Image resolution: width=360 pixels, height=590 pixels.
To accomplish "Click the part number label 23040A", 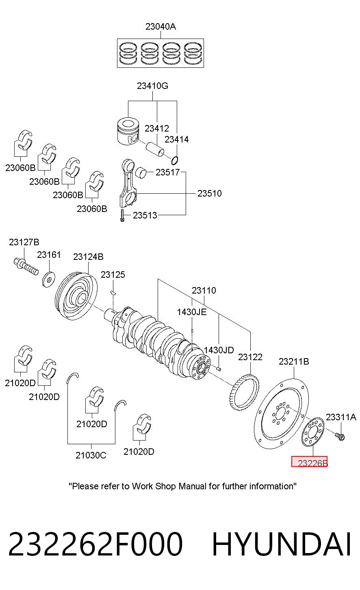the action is click(x=160, y=27).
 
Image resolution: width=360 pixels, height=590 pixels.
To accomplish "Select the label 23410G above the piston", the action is click(x=152, y=86).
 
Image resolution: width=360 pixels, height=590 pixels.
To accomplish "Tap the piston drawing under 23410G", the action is click(x=128, y=131).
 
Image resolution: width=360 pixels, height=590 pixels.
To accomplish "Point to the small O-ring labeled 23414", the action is click(x=174, y=160).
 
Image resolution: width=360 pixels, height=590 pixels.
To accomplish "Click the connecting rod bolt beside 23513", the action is click(x=122, y=215).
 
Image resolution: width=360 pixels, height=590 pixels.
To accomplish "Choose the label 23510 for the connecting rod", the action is click(x=210, y=193).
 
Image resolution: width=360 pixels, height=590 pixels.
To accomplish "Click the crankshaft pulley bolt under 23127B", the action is click(x=26, y=266).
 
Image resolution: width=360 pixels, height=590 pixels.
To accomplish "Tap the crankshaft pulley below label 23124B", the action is click(x=76, y=296).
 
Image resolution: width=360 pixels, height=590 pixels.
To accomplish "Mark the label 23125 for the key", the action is click(x=113, y=275).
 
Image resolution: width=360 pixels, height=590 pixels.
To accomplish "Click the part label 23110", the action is click(x=204, y=290).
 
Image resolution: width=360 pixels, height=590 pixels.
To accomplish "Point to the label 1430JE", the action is click(x=192, y=312).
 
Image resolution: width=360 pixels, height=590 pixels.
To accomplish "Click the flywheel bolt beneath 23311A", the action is click(x=340, y=437).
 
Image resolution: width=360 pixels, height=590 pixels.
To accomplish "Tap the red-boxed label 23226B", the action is click(x=309, y=461).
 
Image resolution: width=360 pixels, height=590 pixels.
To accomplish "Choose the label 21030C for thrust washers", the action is click(x=91, y=455).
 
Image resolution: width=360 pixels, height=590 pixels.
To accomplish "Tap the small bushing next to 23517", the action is click(x=141, y=173).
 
